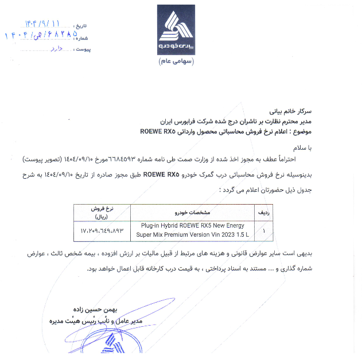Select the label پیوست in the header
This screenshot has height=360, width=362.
(x=84, y=50)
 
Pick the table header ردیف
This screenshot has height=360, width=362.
(x=264, y=212)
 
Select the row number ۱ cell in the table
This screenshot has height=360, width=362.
(x=263, y=230)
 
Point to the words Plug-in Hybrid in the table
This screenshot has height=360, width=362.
(x=159, y=226)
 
